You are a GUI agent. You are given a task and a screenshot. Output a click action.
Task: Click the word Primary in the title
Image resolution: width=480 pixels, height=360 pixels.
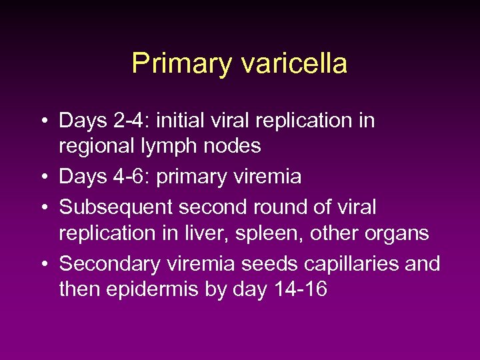point(180,64)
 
